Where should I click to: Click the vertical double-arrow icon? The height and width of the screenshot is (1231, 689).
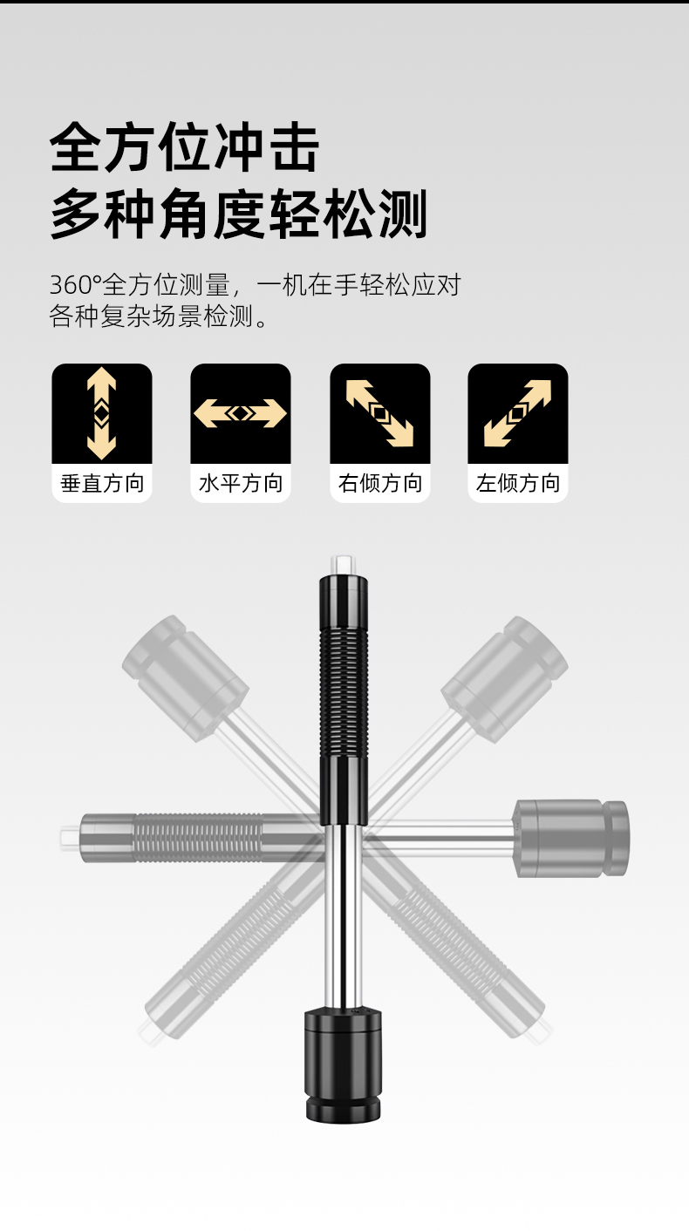click(x=102, y=413)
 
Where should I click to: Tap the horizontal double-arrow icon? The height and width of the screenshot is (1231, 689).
click(x=241, y=413)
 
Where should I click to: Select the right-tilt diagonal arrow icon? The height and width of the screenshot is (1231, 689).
click(x=380, y=413)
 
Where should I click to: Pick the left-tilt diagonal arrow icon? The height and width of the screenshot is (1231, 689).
click(x=517, y=413)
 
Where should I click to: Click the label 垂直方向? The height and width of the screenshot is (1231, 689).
click(x=102, y=484)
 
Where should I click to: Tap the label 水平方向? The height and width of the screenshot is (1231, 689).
click(x=241, y=484)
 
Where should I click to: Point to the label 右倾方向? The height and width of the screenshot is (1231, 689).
click(x=380, y=484)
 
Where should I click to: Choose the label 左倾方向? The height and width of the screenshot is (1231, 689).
click(x=518, y=484)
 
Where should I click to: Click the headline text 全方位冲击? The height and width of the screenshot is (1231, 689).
click(x=185, y=148)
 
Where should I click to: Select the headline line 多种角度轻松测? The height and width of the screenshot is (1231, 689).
click(x=239, y=214)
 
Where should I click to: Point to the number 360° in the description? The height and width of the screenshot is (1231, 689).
click(x=76, y=285)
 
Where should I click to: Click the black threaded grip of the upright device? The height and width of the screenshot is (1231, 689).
click(x=344, y=692)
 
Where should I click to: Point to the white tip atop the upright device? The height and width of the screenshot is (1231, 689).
click(x=343, y=564)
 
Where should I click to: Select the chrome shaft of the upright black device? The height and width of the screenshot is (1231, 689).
click(x=343, y=916)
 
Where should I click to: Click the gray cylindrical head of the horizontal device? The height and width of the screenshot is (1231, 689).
click(x=571, y=838)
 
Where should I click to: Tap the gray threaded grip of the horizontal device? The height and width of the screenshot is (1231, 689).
click(x=198, y=838)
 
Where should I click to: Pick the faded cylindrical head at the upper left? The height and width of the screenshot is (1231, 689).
click(x=185, y=678)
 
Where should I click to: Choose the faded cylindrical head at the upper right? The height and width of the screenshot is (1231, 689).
click(x=505, y=679)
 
